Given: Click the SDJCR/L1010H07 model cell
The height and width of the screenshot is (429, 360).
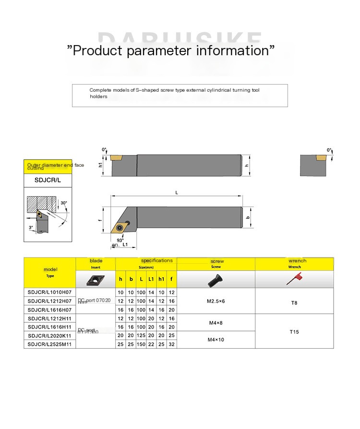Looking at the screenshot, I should (x=49, y=292).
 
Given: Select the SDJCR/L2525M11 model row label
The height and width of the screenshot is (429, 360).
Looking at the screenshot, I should (x=49, y=344).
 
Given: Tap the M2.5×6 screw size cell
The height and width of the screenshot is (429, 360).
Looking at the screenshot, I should (x=216, y=301).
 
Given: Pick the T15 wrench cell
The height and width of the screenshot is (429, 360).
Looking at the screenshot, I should (x=294, y=331).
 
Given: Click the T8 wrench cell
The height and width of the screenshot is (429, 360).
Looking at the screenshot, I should (x=294, y=303).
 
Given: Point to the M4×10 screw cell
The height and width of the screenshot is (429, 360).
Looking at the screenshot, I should (x=216, y=340).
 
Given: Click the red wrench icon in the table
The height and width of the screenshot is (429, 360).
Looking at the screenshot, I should (x=294, y=279).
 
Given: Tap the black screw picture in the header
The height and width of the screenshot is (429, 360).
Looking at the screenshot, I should (x=216, y=279).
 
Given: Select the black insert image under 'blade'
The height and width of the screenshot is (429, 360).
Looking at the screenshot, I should (x=95, y=279).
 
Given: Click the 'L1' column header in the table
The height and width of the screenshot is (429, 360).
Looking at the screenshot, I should (x=151, y=279).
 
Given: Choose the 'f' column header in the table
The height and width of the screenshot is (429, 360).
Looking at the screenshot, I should (x=172, y=279).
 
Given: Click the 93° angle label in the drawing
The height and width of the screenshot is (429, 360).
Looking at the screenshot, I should (x=120, y=240).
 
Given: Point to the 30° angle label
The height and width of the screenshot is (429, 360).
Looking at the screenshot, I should (x=64, y=203).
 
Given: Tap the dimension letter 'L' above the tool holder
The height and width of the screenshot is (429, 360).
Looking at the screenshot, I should (x=177, y=192).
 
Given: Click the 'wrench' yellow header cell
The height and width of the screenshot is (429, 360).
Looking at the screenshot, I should (x=294, y=263).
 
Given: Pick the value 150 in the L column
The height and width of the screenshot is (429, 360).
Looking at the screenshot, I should (x=141, y=344).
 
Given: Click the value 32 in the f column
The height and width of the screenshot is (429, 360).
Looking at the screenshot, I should (x=172, y=344).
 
